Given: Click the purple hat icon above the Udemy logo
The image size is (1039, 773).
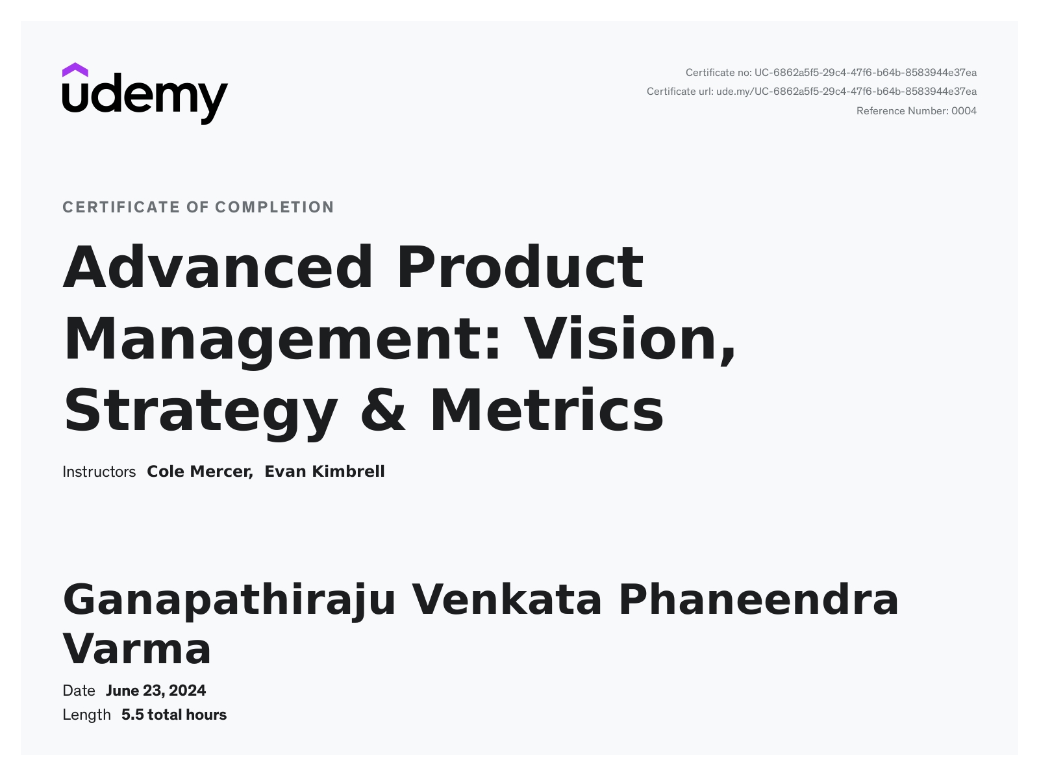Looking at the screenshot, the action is click(x=75, y=70).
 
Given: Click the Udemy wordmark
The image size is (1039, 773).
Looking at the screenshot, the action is click(x=145, y=99).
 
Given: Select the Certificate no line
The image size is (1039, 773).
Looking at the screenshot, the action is click(x=831, y=73).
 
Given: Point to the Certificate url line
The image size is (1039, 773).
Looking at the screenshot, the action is click(x=811, y=92).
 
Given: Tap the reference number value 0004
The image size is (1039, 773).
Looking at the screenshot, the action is click(x=964, y=111).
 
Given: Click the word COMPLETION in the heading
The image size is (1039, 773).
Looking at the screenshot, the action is click(x=275, y=207).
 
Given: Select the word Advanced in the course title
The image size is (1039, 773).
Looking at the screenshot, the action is click(x=218, y=267).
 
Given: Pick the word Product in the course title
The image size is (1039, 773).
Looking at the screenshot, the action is click(x=520, y=267).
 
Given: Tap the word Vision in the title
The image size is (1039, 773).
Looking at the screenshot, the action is click(x=629, y=339).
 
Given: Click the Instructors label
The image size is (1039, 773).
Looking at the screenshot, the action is click(x=99, y=472).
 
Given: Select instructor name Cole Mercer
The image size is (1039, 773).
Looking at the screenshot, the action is click(x=200, y=472).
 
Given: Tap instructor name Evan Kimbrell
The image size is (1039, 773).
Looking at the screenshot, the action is click(x=325, y=472).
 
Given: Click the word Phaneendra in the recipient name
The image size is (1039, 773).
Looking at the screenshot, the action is click(x=758, y=600).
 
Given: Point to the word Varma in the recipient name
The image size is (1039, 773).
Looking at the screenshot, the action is click(x=137, y=649).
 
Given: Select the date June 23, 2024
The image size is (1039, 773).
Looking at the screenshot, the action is click(x=156, y=691).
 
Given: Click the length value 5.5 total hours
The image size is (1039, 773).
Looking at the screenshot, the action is click(x=174, y=715).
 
